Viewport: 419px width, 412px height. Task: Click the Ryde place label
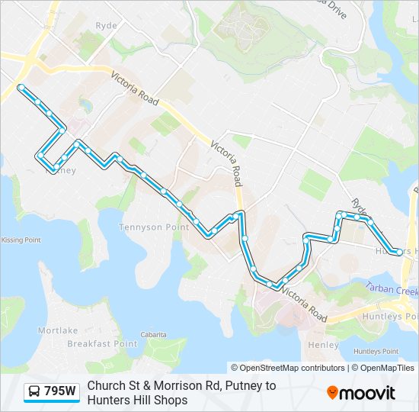click(107, 25)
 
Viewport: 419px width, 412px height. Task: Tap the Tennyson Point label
click(154, 227)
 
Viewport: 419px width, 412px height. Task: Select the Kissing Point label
click(21, 240)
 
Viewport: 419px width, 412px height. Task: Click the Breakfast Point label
click(102, 343)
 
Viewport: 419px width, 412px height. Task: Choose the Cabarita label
click(153, 334)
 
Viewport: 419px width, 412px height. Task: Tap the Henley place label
click(325, 345)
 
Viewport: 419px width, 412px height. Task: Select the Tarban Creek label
click(391, 288)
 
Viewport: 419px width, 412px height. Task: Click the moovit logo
click(361, 393)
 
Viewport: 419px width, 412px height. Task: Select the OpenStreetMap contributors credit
click(288, 368)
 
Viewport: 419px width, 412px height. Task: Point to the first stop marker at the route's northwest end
click(21, 87)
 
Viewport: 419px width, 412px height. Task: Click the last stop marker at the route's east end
click(399, 252)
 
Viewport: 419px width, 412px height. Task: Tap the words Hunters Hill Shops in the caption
click(136, 400)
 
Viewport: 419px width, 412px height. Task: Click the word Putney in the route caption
click(248, 386)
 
